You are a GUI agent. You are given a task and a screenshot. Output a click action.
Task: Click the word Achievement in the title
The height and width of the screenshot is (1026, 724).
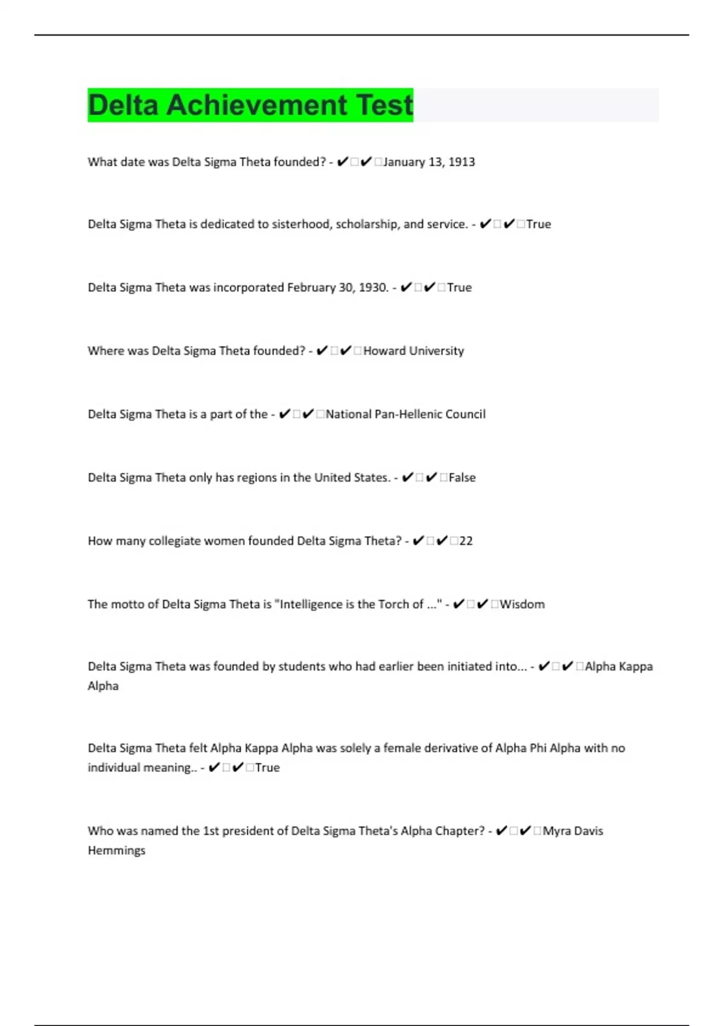[256, 105]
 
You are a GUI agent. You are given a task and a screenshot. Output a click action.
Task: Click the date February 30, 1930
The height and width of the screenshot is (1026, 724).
[337, 287]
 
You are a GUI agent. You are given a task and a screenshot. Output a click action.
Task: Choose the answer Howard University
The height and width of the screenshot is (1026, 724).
[413, 351]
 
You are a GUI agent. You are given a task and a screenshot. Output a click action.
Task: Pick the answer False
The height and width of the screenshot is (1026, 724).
[462, 477]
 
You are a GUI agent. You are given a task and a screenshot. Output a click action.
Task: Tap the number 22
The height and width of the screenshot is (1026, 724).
[466, 541]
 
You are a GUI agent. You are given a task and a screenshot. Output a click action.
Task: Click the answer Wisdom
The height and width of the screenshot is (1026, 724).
[522, 604]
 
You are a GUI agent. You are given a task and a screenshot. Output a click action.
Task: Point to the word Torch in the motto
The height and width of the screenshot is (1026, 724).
[393, 604]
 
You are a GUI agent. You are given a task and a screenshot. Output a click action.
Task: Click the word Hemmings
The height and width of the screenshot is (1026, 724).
[116, 850]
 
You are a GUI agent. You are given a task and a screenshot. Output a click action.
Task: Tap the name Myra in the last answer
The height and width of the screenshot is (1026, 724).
[556, 831]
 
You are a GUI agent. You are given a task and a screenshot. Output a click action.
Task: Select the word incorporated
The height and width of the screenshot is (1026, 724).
[249, 287]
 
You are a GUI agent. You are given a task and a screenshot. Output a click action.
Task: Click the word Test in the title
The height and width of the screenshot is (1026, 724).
[384, 105]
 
